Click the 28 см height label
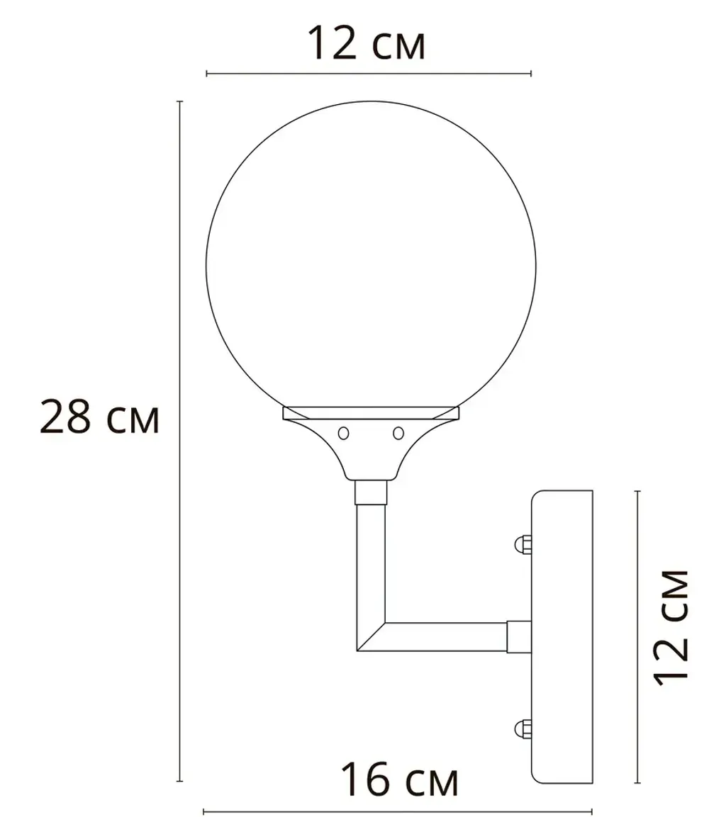[99, 417]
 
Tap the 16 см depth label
[399, 780]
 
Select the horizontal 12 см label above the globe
[366, 44]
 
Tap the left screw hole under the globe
[344, 432]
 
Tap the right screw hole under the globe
[398, 432]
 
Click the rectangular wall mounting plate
[562, 636]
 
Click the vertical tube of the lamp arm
[370, 560]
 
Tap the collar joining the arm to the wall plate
[519, 636]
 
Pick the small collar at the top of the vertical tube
[370, 492]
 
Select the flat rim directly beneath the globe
[370, 412]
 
